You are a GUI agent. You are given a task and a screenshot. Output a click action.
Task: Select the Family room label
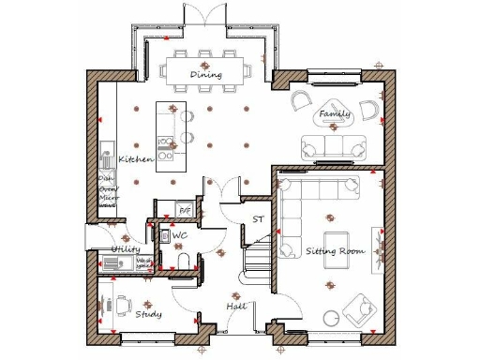335,114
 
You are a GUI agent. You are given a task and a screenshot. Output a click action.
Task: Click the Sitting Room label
334,250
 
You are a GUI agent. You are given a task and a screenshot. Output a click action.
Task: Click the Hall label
236,307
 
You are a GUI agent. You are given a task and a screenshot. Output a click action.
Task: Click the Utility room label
126,249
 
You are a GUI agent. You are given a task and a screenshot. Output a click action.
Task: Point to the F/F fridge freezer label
185,209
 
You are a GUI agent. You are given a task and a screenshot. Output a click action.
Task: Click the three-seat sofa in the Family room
333,146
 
